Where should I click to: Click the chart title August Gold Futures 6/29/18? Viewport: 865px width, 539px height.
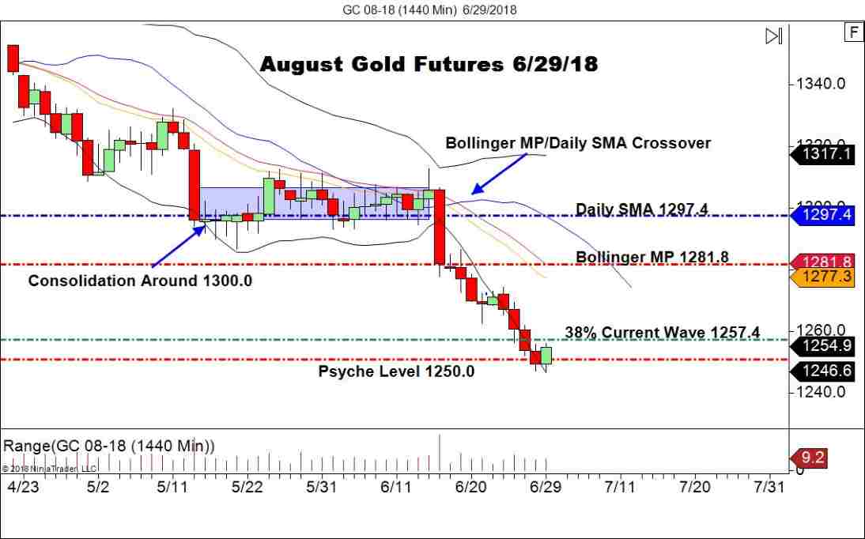coord(429,64)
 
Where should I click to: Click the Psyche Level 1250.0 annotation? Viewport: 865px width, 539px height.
coord(396,371)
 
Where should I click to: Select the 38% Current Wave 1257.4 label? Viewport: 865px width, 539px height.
coord(663,333)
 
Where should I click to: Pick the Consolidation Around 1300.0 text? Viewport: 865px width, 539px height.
coord(140,281)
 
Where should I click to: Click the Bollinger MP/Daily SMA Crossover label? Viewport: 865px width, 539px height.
coord(578,143)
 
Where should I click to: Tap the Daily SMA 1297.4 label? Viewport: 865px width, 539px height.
coord(641,209)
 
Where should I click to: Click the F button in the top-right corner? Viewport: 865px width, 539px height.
coord(853,32)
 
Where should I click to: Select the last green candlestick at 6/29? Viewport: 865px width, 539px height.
coord(546,356)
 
